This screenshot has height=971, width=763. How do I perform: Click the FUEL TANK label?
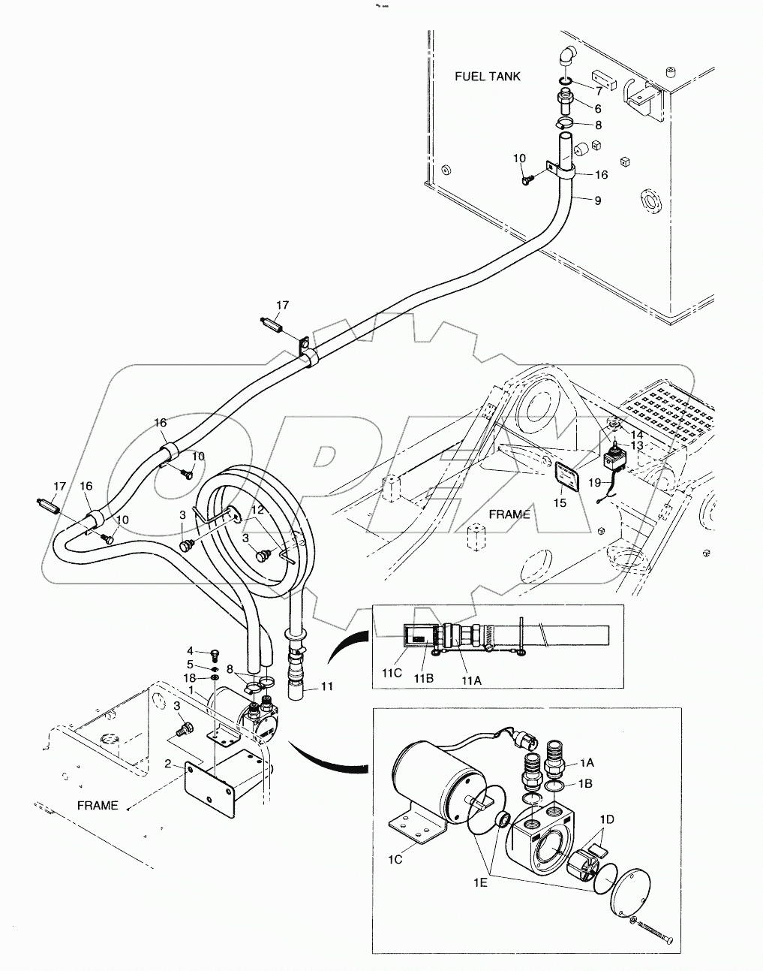coord(487,77)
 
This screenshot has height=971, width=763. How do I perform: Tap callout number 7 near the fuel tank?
coord(599,91)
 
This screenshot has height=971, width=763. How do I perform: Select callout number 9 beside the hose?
coord(597,201)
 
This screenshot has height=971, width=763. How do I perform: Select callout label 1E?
coord(481,882)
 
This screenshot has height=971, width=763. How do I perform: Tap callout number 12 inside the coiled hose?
coord(257,510)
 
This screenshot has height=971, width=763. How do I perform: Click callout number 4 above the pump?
coord(191,651)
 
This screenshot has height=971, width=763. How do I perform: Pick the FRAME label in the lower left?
coord(98,806)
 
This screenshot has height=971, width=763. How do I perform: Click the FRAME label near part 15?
coord(509,514)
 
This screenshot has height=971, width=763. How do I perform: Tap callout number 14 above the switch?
coord(636,433)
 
